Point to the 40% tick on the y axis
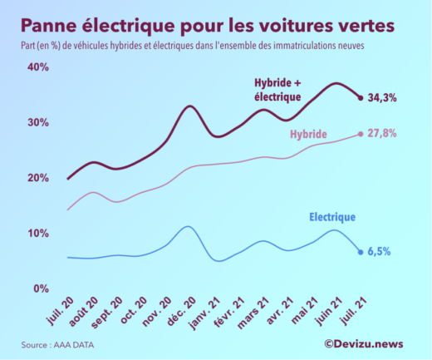tap(37, 67)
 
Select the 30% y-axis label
tap(37, 122)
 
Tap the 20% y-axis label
tap(37, 178)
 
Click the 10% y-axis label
tap(37, 233)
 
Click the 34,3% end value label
tap(382, 98)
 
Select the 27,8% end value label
tap(382, 133)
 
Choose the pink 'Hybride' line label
tap(308, 134)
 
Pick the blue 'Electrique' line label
tap(332, 217)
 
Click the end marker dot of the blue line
tap(361, 252)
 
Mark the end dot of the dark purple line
tap(361, 98)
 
